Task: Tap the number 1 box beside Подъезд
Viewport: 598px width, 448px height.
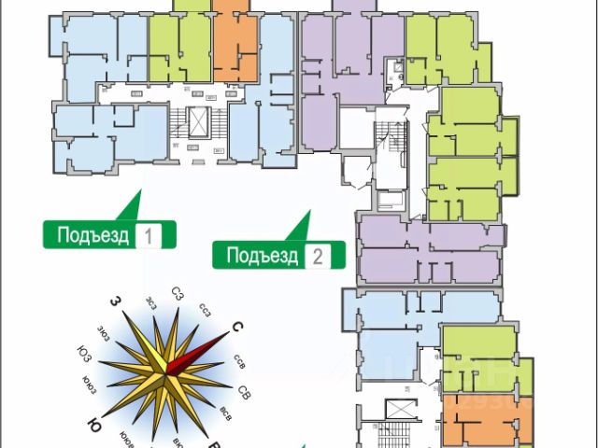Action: [x=149, y=234]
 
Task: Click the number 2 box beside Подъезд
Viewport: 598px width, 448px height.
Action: [x=318, y=254]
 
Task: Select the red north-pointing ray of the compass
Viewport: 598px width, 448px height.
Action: [x=202, y=349]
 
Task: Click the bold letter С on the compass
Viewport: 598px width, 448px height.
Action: [x=236, y=327]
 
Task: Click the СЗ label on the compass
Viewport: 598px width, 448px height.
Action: [x=178, y=294]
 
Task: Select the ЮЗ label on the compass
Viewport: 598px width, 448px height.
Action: [x=85, y=352]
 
